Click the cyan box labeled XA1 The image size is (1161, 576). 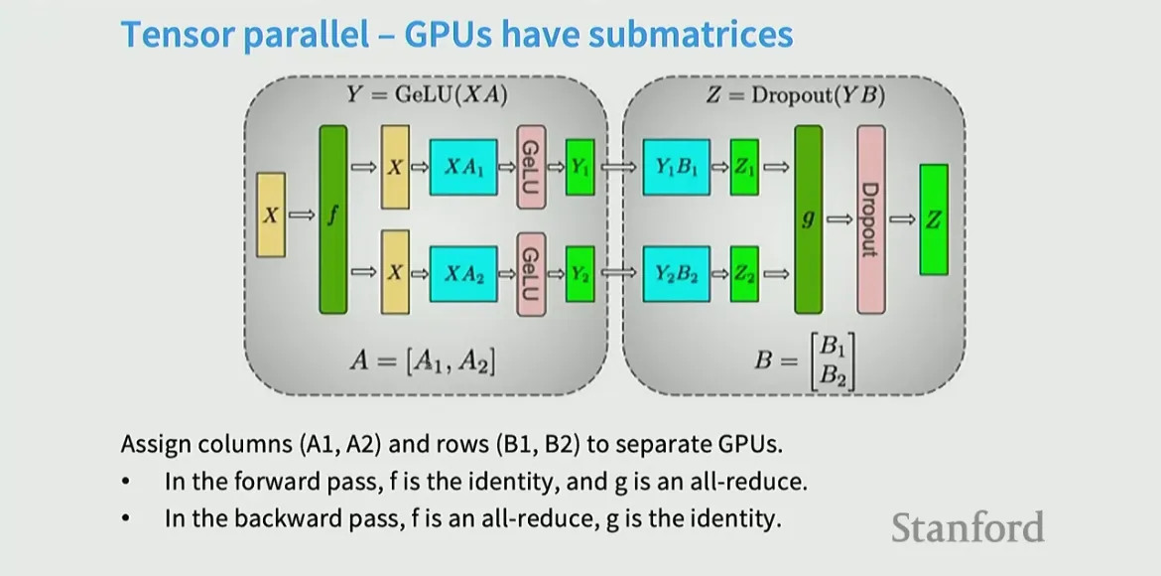click(463, 167)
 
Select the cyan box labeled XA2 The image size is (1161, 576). click(463, 273)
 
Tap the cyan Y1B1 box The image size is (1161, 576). click(677, 167)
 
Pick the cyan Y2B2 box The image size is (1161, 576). click(677, 273)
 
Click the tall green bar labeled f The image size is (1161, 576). click(333, 218)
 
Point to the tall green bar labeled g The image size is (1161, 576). click(809, 218)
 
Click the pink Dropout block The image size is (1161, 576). click(870, 218)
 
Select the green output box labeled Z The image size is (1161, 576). click(933, 219)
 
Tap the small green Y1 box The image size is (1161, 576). click(580, 167)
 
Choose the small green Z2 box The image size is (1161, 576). click(744, 273)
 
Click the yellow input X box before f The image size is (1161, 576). click(271, 216)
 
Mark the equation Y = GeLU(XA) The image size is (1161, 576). click(428, 95)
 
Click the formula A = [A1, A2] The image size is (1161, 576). click(422, 360)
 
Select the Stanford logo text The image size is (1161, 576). click(967, 526)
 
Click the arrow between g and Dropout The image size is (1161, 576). click(839, 219)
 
